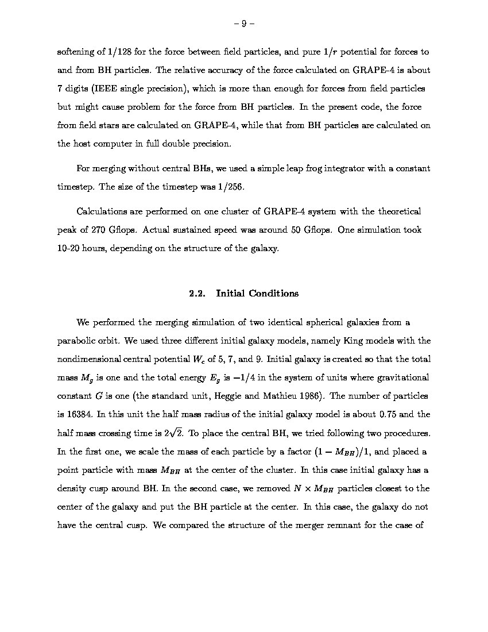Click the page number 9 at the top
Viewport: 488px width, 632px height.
(244, 24)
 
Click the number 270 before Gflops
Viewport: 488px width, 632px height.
(99, 230)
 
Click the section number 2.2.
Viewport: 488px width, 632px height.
(197, 294)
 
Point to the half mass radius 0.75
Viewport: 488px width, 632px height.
(391, 415)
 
